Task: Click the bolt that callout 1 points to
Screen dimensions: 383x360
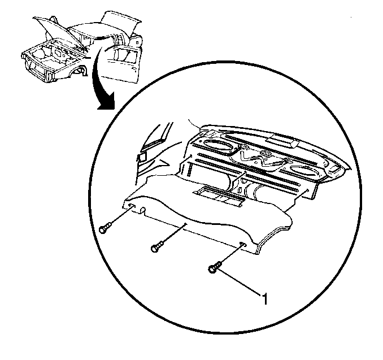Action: [x=214, y=267]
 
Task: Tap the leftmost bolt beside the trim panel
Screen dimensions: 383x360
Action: [x=105, y=228]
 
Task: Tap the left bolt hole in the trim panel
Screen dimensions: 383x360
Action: [x=130, y=206]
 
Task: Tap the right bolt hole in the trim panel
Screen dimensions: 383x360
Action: [x=243, y=244]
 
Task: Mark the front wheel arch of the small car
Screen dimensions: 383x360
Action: [x=79, y=71]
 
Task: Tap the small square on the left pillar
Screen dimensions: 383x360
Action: [x=142, y=157]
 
